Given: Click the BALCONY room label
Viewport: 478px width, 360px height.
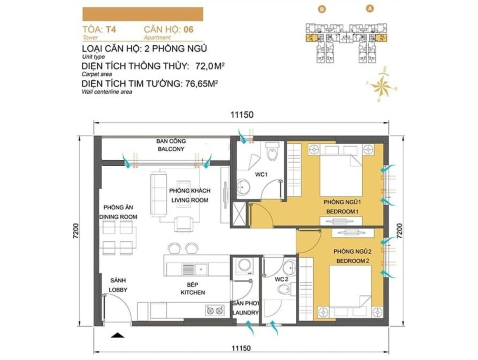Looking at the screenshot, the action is (171, 149).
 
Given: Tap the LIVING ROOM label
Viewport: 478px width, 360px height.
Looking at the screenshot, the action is (190, 200).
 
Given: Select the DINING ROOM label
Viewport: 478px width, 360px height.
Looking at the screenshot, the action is (118, 217).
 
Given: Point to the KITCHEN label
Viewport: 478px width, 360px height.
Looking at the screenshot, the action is (193, 293).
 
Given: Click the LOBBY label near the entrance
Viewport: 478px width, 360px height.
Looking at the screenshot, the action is (118, 290).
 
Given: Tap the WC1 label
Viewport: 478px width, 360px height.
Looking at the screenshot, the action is (261, 175).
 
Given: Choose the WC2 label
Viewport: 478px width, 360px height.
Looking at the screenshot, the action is (281, 279).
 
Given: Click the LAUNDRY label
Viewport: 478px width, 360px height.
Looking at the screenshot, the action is (246, 313).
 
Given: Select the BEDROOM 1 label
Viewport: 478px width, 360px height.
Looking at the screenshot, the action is (342, 212).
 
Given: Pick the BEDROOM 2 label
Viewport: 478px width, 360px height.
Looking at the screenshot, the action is (353, 261).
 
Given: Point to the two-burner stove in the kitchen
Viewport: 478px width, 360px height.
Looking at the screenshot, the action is (215, 311).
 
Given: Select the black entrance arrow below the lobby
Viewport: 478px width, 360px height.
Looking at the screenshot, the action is (117, 336).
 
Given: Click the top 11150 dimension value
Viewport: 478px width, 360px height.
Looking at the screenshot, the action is (242, 115).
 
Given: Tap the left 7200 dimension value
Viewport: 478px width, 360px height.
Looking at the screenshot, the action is (76, 232).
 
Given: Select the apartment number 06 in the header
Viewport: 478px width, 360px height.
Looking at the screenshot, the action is (189, 29).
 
